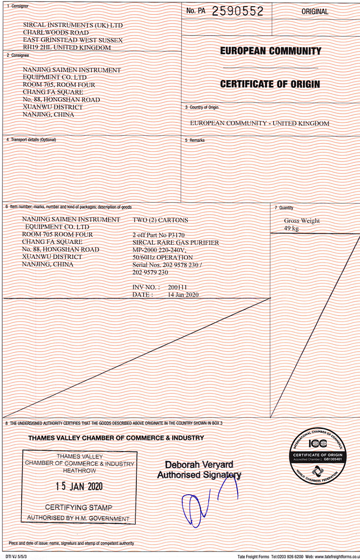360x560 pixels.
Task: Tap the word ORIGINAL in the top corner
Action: (x=315, y=12)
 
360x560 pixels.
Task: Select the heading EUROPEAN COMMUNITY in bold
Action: (x=271, y=51)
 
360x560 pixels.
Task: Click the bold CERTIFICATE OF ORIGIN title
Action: (x=270, y=84)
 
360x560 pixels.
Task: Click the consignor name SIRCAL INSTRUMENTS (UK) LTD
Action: (x=73, y=25)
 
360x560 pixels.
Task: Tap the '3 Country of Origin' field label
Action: (x=202, y=107)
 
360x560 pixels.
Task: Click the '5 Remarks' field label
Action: (x=195, y=140)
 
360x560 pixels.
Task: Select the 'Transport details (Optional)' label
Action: (x=31, y=140)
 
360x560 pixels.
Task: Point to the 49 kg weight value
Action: (x=291, y=229)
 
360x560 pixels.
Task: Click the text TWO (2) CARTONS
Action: (x=160, y=220)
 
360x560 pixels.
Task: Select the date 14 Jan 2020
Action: (x=183, y=294)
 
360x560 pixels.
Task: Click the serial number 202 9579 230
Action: (x=150, y=272)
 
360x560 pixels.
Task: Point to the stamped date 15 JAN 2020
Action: (x=79, y=486)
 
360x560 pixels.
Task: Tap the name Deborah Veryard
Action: (x=199, y=465)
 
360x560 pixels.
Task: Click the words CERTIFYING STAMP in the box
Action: (x=79, y=507)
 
